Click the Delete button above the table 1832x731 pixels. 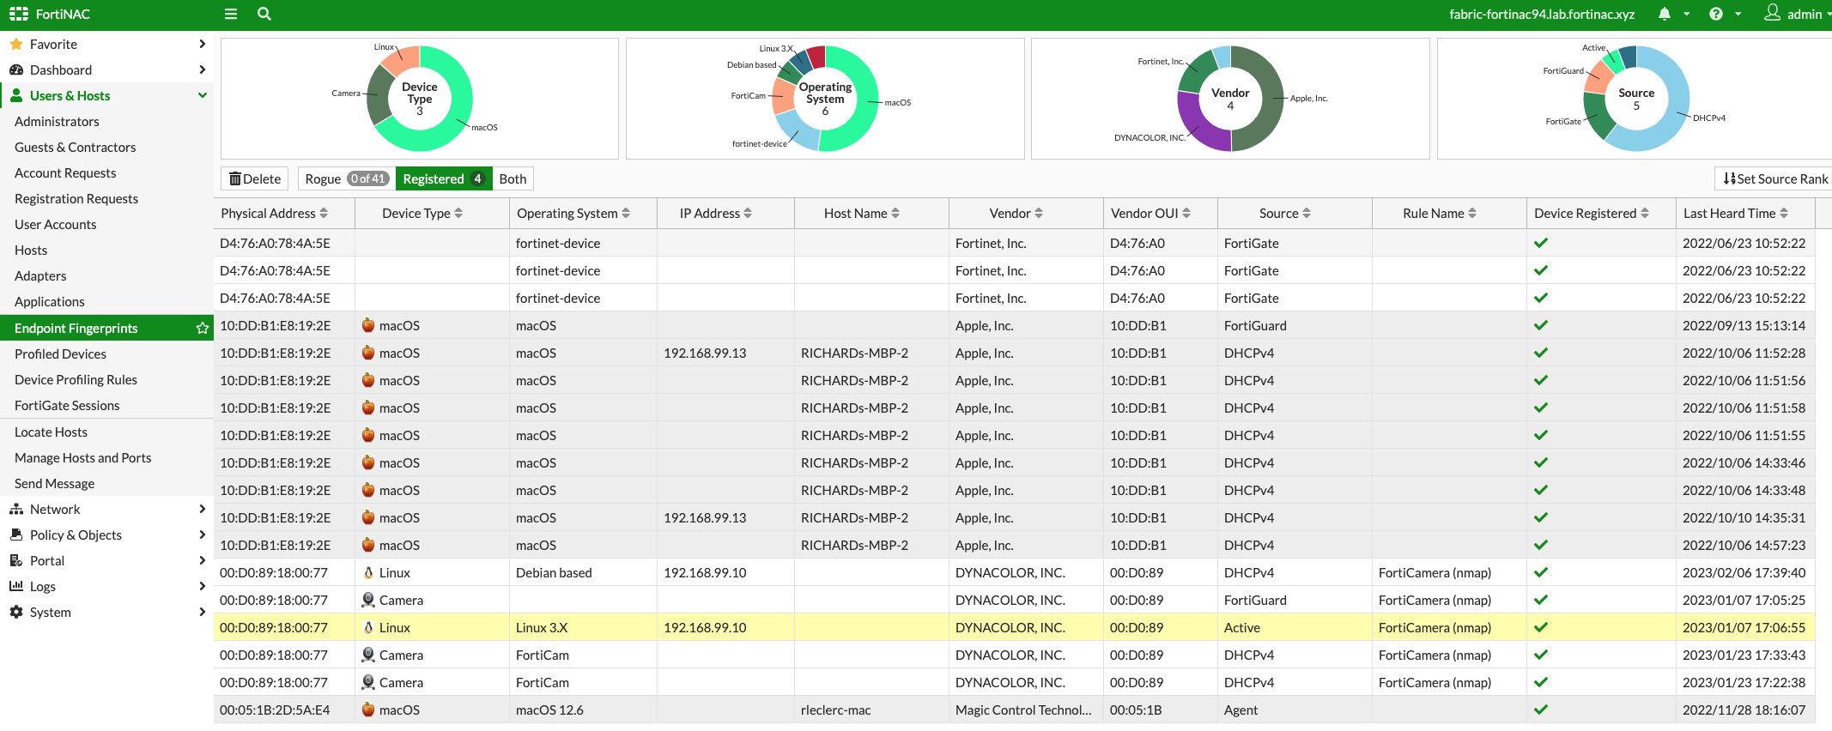pos(255,178)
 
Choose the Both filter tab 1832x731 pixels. pos(513,178)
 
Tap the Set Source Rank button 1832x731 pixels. pos(1775,178)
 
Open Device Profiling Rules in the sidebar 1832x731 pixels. pos(76,379)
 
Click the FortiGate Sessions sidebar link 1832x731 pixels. pos(67,405)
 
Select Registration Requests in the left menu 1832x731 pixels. pos(76,198)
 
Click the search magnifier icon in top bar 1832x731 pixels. pos(264,14)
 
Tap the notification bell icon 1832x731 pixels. pos(1665,14)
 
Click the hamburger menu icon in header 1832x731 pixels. pos(231,14)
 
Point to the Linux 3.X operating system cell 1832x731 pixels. pos(542,627)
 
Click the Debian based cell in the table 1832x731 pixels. pos(554,572)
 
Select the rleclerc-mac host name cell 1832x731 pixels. pos(835,710)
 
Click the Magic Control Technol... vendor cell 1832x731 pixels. pos(1023,710)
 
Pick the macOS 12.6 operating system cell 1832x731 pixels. pos(549,710)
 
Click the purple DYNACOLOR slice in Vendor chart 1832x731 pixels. pos(1198,124)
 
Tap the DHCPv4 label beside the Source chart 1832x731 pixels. pos(1708,118)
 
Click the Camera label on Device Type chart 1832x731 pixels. pos(346,94)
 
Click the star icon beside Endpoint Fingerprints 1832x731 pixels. pos(203,328)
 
